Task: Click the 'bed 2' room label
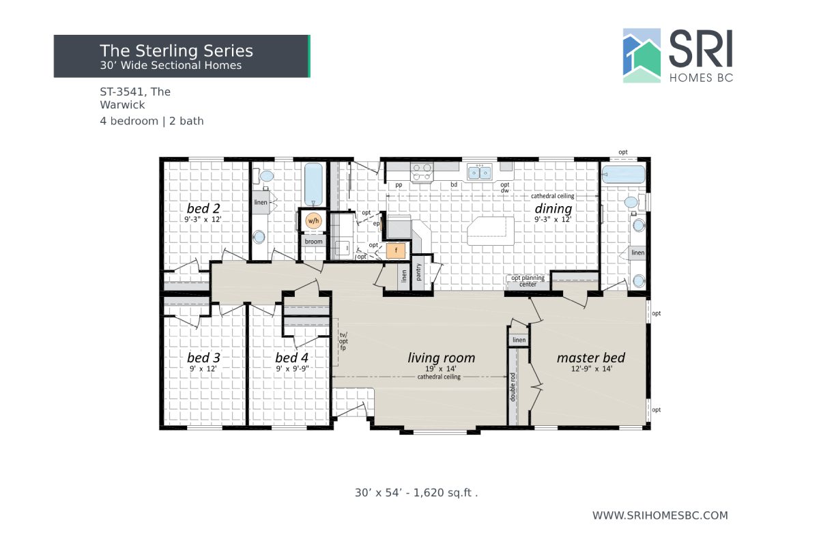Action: tap(203, 207)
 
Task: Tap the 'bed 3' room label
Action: tap(203, 358)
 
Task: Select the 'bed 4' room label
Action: tap(291, 358)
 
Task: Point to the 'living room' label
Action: tap(441, 358)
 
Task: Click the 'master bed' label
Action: tap(590, 358)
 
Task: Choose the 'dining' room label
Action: tap(553, 208)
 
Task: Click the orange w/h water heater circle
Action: tap(313, 220)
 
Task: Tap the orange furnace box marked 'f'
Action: tap(396, 250)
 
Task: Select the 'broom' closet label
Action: tap(313, 242)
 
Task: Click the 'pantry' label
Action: tap(419, 273)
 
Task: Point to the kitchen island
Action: tap(491, 231)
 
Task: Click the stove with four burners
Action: tap(421, 171)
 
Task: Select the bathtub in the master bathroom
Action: tap(624, 175)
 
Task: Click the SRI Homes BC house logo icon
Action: tap(642, 55)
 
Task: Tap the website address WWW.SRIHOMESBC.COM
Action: tap(660, 515)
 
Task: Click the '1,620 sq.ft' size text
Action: tap(444, 492)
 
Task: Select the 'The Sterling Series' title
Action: tap(176, 51)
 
